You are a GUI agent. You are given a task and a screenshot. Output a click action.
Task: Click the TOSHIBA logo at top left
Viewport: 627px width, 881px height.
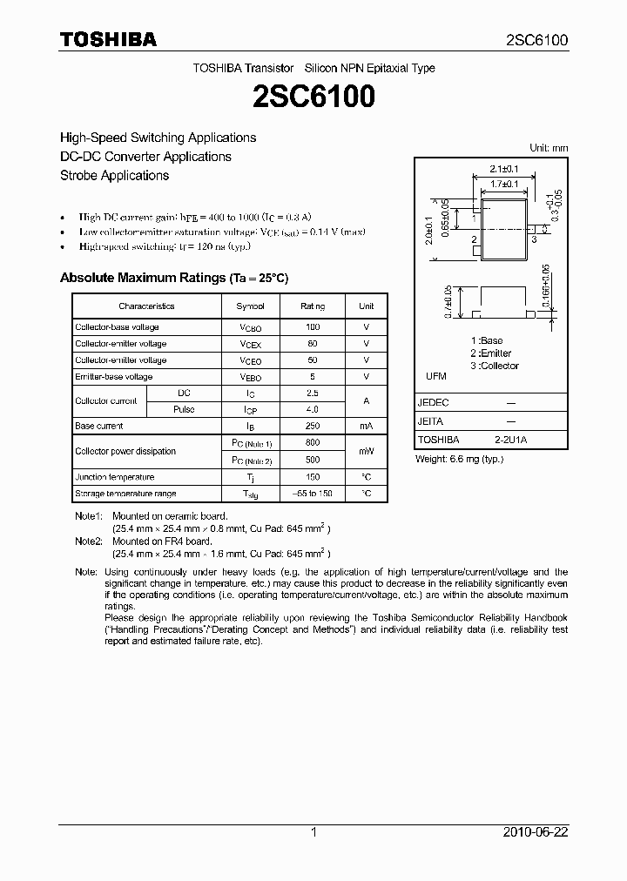(x=108, y=39)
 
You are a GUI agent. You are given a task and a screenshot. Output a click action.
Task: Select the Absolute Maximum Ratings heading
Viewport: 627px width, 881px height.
(x=173, y=278)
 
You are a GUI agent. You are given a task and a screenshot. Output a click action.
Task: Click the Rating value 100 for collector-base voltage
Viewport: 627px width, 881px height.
(x=313, y=327)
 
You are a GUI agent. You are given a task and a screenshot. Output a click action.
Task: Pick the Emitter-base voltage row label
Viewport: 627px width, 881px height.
(x=114, y=377)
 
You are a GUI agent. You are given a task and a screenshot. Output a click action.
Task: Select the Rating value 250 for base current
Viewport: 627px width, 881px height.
(x=313, y=426)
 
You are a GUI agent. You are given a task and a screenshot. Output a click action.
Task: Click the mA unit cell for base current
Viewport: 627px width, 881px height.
(x=366, y=426)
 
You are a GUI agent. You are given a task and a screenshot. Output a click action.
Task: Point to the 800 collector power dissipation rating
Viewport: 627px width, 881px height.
(x=313, y=443)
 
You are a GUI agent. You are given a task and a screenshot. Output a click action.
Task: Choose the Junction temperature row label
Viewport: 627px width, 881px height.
(x=114, y=477)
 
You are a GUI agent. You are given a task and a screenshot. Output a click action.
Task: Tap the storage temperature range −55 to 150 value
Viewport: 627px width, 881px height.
(x=313, y=494)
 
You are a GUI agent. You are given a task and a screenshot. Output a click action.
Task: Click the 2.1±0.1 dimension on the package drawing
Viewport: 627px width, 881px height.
(x=504, y=168)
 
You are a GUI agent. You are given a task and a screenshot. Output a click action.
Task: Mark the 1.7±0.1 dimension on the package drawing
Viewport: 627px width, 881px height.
(x=503, y=185)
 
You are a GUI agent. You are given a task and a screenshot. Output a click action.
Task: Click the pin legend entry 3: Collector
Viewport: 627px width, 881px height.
(x=495, y=366)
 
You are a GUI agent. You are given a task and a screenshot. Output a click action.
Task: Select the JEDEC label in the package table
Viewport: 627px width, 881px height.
(x=434, y=403)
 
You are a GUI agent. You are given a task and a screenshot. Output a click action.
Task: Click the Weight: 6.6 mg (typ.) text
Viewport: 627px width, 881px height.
(x=459, y=458)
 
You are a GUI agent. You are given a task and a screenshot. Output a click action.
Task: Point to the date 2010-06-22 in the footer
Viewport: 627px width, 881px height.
(x=536, y=832)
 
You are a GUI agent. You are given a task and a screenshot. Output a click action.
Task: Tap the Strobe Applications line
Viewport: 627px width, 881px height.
(x=114, y=175)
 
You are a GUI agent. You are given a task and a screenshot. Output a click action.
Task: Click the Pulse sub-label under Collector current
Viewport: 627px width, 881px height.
(x=184, y=409)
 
